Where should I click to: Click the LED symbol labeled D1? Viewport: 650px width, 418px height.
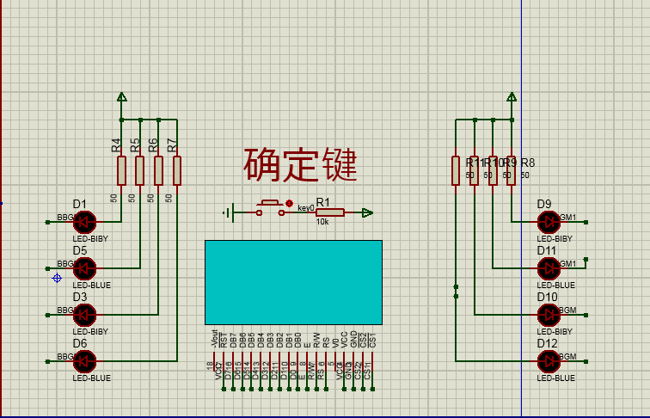tap(83, 221)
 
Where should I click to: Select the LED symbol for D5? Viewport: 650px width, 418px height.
tap(83, 267)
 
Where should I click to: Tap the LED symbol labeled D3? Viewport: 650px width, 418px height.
tap(83, 314)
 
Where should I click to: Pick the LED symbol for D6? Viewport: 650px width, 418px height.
tap(83, 360)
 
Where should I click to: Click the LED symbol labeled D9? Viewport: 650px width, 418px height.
tap(549, 222)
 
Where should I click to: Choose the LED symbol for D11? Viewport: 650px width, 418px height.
tap(549, 268)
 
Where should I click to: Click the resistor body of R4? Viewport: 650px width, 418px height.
tap(121, 170)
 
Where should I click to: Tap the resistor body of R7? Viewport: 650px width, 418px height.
tap(177, 170)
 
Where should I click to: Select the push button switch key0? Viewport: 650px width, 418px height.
tap(270, 207)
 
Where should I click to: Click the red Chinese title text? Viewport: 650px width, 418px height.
tap(299, 164)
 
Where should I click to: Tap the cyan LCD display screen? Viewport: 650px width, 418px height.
tap(293, 280)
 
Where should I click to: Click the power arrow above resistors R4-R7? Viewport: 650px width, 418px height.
tap(122, 98)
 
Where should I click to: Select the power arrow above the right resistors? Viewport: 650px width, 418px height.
tap(512, 98)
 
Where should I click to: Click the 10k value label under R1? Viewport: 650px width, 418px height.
tap(322, 222)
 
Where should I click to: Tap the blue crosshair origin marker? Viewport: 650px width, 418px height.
tap(57, 278)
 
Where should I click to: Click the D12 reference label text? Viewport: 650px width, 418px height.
tap(548, 344)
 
